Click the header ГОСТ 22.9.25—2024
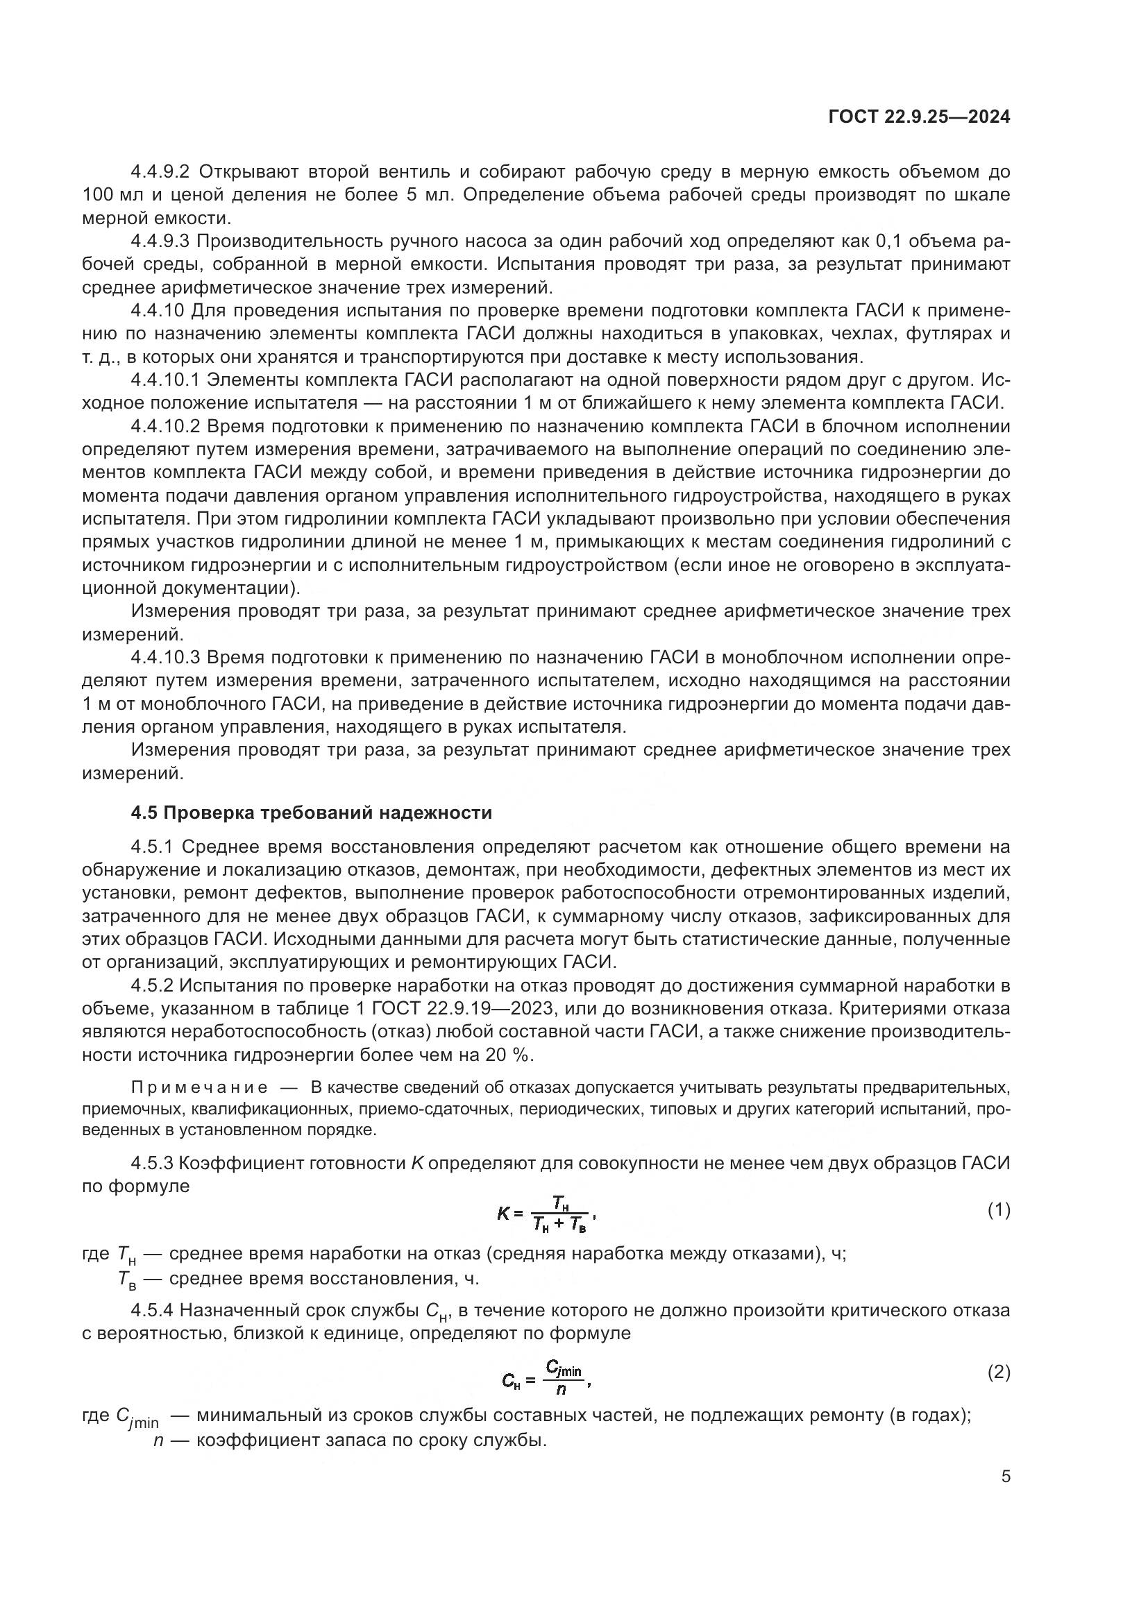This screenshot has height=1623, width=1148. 918,117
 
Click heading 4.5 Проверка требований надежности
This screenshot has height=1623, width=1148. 311,813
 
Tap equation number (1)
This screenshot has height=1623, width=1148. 998,1211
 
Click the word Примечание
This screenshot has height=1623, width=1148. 199,1087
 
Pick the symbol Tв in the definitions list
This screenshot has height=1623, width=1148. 127,1280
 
